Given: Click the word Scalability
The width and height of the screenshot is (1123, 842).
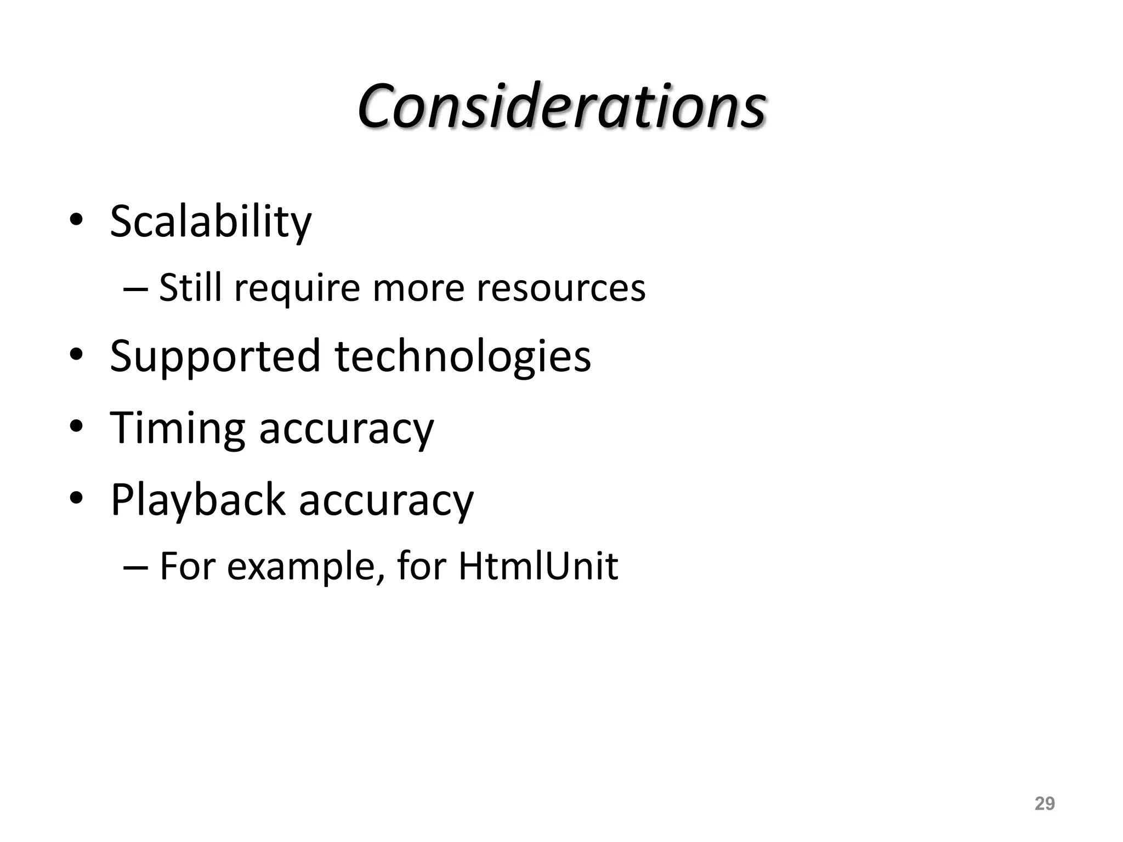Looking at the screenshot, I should [211, 221].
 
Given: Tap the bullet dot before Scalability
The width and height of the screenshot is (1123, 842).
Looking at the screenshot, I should [76, 220].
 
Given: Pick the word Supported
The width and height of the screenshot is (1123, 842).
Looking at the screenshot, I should [215, 356].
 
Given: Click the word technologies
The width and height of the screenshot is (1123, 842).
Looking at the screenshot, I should [463, 356].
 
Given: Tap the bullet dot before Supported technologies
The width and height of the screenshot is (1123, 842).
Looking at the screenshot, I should [76, 354].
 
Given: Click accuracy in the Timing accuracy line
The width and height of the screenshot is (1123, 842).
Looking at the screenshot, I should [346, 429].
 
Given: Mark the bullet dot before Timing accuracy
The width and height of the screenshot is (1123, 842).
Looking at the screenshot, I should [76, 426].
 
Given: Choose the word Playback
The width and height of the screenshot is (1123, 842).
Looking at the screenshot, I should [198, 500].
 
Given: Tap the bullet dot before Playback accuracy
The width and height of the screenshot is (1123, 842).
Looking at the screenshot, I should [76, 498].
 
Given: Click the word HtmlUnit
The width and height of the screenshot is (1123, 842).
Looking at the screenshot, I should [538, 566].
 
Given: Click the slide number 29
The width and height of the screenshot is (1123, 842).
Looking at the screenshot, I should [1044, 804].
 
